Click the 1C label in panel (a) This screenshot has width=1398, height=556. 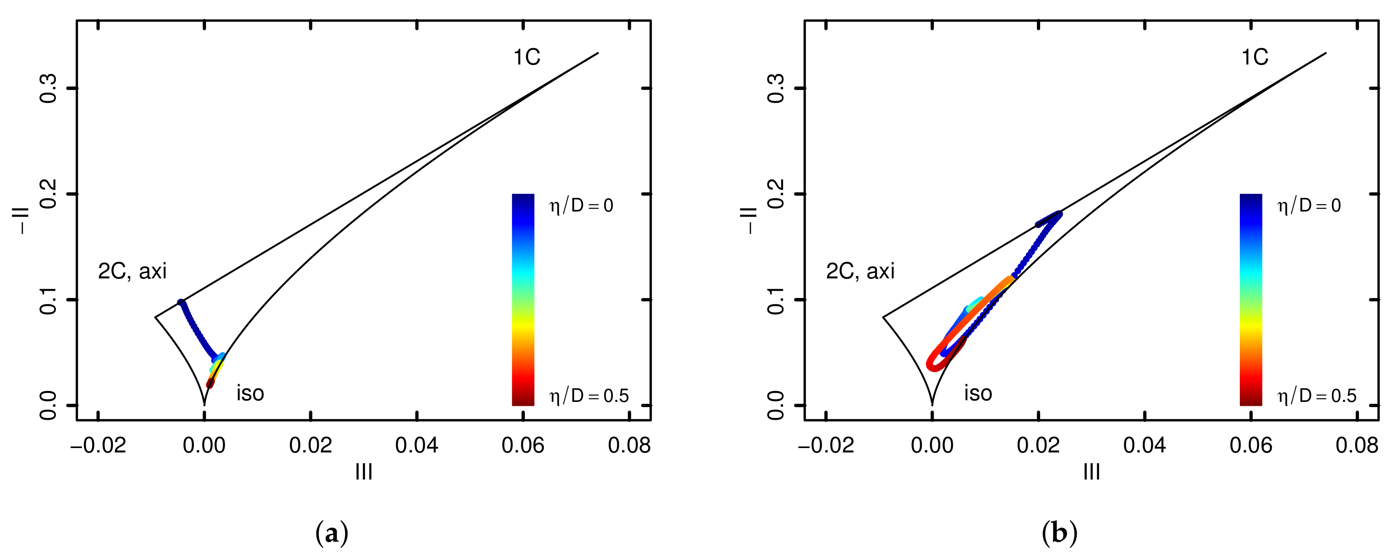pyautogui.click(x=526, y=57)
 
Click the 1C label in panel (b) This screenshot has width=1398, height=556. pyautogui.click(x=1255, y=57)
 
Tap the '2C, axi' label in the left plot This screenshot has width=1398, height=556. pyautogui.click(x=132, y=271)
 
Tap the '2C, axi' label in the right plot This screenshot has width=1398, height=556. pyautogui.click(x=860, y=271)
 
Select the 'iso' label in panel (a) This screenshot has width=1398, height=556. pyautogui.click(x=250, y=393)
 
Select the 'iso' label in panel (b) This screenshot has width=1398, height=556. pyautogui.click(x=978, y=393)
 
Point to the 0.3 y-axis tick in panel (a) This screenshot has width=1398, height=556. pyautogui.click(x=49, y=88)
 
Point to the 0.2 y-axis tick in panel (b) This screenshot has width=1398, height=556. pyautogui.click(x=777, y=194)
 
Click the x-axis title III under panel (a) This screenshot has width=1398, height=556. pyautogui.click(x=363, y=472)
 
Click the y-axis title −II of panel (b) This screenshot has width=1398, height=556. pyautogui.click(x=750, y=220)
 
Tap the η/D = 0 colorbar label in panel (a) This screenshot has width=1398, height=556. pyautogui.click(x=581, y=206)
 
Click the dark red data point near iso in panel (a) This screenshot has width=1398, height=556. pyautogui.click(x=210, y=384)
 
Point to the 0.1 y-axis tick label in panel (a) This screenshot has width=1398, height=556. pyautogui.click(x=49, y=300)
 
